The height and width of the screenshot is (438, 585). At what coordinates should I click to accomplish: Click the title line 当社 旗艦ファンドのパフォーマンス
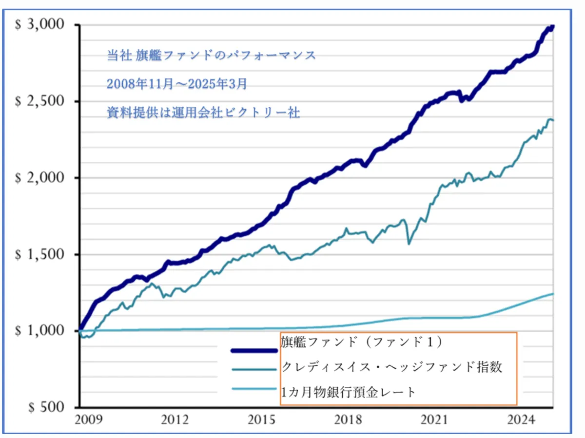coord(212,55)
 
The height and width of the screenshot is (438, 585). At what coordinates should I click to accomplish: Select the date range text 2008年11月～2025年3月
coord(177,84)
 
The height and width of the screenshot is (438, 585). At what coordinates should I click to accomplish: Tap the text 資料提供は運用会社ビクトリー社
coord(203,113)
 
